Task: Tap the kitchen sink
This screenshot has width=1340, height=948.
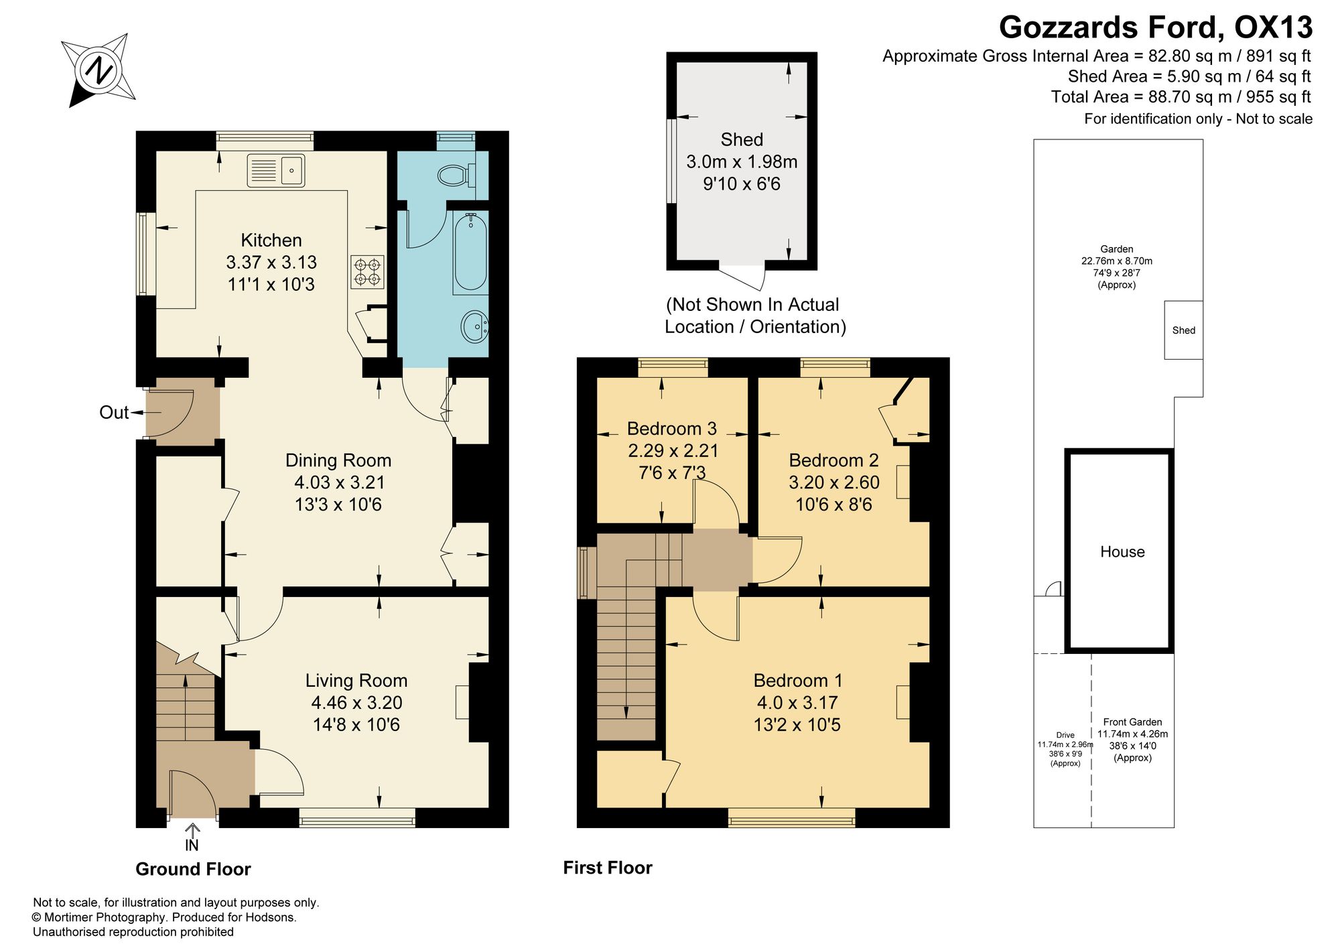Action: pyautogui.click(x=276, y=170)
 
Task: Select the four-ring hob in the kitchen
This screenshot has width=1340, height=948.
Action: pyautogui.click(x=367, y=272)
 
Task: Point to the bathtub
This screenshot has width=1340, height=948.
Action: pyautogui.click(x=470, y=253)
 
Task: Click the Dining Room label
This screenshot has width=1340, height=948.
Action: pyautogui.click(x=338, y=460)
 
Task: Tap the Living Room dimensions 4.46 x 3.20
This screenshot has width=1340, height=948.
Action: pyautogui.click(x=356, y=703)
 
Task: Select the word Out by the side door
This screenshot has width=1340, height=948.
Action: pyautogui.click(x=114, y=413)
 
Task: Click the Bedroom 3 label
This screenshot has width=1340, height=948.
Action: pyautogui.click(x=672, y=428)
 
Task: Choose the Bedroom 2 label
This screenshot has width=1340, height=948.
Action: pyautogui.click(x=833, y=460)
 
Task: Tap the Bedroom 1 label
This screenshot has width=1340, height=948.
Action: pyautogui.click(x=798, y=681)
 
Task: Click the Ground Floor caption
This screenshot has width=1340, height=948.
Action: pyautogui.click(x=193, y=869)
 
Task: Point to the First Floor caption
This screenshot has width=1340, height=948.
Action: pyautogui.click(x=608, y=868)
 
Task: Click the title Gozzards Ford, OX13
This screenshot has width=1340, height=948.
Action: pyautogui.click(x=1156, y=28)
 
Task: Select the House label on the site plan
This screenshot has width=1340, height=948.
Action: pyautogui.click(x=1122, y=552)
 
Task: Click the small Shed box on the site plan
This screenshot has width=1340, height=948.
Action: pyautogui.click(x=1184, y=330)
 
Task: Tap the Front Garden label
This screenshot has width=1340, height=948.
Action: pyautogui.click(x=1132, y=722)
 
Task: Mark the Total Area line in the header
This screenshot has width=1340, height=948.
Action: pyautogui.click(x=1181, y=97)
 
